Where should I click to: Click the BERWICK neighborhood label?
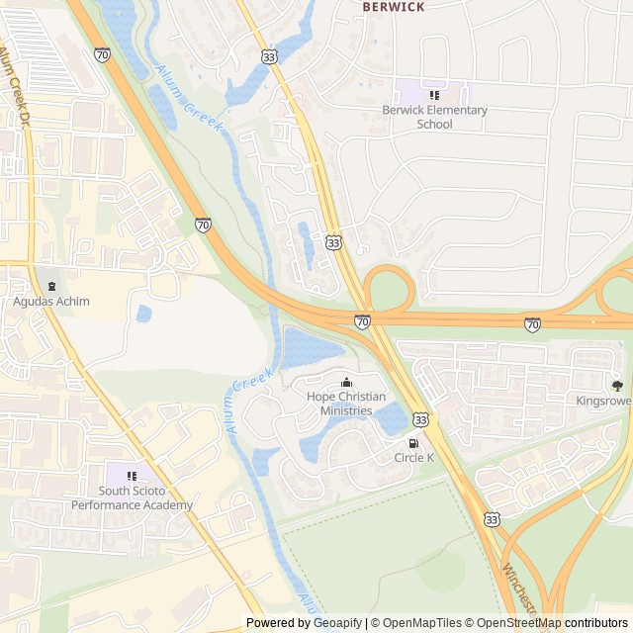coord(394,7)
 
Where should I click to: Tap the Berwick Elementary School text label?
coord(434,117)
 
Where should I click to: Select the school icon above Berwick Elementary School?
coord(434,95)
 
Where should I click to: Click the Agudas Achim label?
coord(50,301)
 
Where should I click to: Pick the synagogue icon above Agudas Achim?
coord(51,286)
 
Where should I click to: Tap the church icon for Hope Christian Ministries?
coord(346,383)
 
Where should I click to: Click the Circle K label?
coord(413,457)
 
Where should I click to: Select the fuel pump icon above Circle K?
coord(413,442)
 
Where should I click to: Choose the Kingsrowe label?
coord(603,401)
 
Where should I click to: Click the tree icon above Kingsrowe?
coord(617,386)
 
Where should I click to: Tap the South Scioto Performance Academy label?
coord(132,498)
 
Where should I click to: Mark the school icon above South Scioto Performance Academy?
coord(132,476)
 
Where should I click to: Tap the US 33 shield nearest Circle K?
coord(422,419)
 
